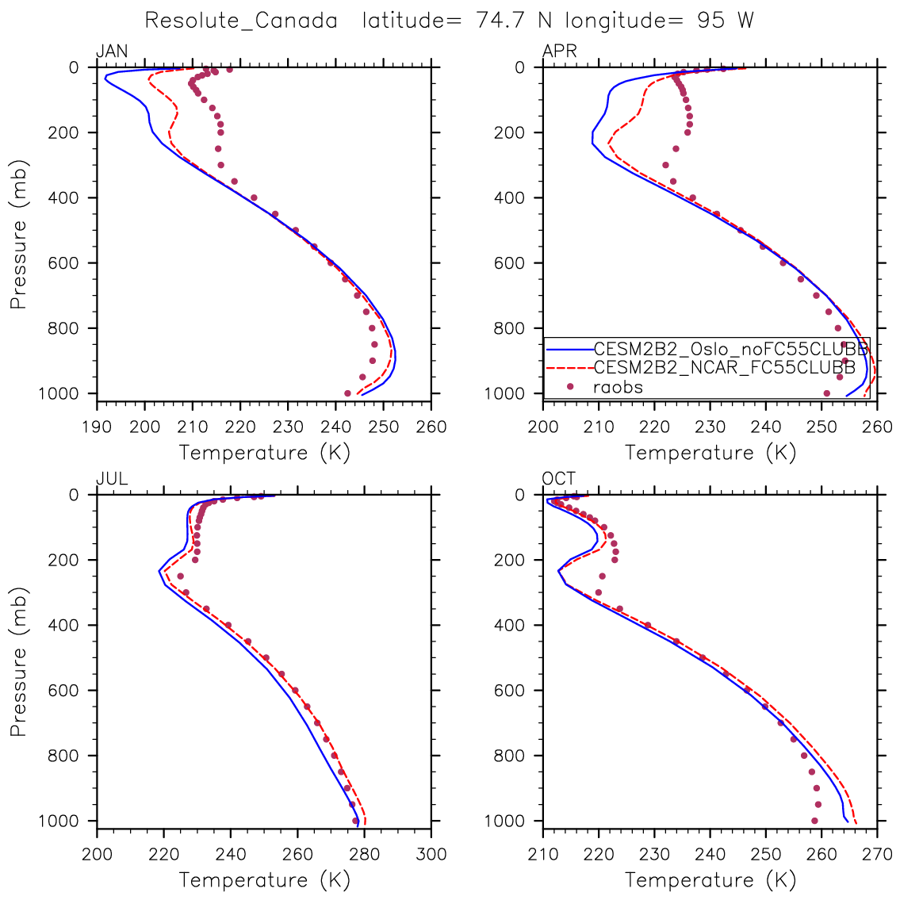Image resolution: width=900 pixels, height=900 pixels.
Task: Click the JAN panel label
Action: click(111, 52)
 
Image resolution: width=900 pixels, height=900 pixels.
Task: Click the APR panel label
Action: click(559, 52)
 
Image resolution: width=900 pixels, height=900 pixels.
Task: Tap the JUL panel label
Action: click(111, 479)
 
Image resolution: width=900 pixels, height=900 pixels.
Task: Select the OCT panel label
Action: click(559, 479)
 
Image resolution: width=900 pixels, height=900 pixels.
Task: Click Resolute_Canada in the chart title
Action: click(241, 21)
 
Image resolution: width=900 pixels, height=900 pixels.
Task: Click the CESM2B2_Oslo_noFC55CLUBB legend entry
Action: click(730, 349)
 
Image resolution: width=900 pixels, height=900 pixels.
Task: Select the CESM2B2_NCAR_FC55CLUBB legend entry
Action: click(724, 368)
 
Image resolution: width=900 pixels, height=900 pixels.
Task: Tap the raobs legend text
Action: click(618, 387)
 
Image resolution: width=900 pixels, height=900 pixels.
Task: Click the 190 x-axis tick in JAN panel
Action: click(97, 427)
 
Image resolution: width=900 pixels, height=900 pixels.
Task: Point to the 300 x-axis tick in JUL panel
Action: click(431, 854)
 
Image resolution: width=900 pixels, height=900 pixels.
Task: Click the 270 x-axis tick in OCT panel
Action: click(877, 854)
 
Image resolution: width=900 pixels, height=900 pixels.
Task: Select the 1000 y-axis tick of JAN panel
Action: click(63, 394)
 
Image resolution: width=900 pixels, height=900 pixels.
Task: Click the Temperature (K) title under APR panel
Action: click(710, 453)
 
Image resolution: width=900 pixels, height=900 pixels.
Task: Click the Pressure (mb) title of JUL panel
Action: click(18, 661)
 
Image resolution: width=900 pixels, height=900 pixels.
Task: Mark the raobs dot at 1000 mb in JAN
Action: click(347, 393)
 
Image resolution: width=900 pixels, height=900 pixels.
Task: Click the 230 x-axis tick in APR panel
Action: click(710, 427)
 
